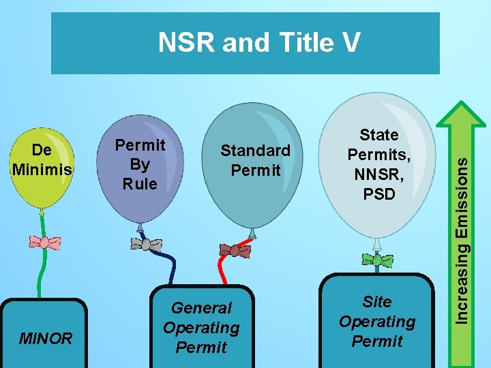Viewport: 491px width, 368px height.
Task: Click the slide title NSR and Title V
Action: (x=258, y=43)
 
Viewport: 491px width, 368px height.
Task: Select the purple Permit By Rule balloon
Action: (x=140, y=167)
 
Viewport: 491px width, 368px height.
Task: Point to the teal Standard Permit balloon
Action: (x=254, y=164)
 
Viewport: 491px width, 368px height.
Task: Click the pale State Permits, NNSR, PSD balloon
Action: (x=379, y=167)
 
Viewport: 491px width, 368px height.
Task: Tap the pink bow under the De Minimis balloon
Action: (x=44, y=243)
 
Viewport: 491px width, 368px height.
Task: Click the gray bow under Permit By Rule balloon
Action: (x=146, y=244)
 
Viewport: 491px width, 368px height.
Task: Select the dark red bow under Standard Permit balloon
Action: (x=235, y=250)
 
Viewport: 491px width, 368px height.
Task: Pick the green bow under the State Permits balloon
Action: (x=378, y=260)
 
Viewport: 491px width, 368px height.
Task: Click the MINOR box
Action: (x=46, y=337)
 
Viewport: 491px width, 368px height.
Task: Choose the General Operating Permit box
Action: (x=201, y=327)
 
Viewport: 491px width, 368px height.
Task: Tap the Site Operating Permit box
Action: (x=377, y=321)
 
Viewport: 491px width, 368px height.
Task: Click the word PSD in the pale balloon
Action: (x=379, y=194)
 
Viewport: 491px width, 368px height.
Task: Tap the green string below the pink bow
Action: (x=42, y=273)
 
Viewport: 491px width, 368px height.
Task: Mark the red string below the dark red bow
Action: (x=222, y=269)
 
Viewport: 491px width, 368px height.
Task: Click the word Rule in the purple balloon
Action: (x=140, y=183)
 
